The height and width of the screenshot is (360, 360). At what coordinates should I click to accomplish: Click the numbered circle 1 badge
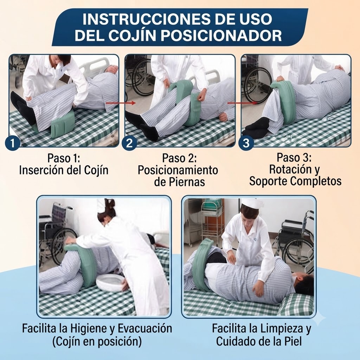pyautogui.click(x=12, y=143)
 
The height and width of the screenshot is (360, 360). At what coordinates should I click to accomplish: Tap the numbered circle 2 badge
pyautogui.click(x=129, y=143)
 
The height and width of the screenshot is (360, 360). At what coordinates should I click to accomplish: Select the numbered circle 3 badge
pyautogui.click(x=246, y=143)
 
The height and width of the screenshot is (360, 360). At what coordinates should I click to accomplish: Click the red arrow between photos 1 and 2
pyautogui.click(x=120, y=103)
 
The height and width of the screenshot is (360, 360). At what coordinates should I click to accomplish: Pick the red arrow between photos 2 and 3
pyautogui.click(x=242, y=103)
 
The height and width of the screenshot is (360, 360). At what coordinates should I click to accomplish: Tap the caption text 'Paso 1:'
pyautogui.click(x=64, y=158)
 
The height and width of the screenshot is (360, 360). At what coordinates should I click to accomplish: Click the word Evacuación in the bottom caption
pyautogui.click(x=145, y=329)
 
